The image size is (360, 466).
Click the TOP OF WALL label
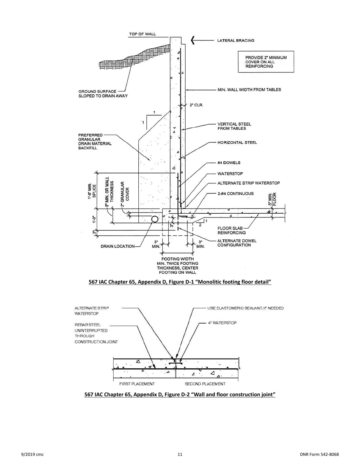pyautogui.click(x=142, y=34)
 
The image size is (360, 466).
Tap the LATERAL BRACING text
pyautogui.click(x=235, y=41)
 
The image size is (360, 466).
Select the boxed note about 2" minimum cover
pyautogui.click(x=266, y=62)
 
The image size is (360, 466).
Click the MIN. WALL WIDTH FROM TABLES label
pyautogui.click(x=249, y=90)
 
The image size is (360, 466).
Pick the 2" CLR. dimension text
pyautogui.click(x=196, y=105)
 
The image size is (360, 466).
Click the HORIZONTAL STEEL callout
pyautogui.click(x=237, y=142)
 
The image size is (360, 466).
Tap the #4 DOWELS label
pyautogui.click(x=229, y=163)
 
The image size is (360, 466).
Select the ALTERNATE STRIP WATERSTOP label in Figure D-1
pyautogui.click(x=249, y=183)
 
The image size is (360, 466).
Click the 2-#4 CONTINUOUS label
pyautogui.click(x=235, y=194)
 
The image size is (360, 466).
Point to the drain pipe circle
pyautogui.click(x=155, y=219)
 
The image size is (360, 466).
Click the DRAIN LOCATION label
pyautogui.click(x=117, y=246)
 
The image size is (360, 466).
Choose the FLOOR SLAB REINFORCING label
pyautogui.click(x=231, y=230)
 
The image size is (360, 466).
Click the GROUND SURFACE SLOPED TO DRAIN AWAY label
pyautogui.click(x=103, y=94)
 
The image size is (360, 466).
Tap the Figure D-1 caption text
pyautogui.click(x=180, y=282)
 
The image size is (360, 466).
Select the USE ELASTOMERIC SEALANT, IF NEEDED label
pyautogui.click(x=245, y=308)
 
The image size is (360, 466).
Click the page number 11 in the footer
pyautogui.click(x=180, y=455)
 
